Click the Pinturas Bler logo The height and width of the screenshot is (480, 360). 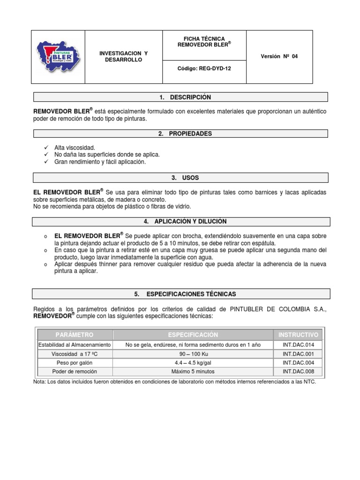pos(58,57)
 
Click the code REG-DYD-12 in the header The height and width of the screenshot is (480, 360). pos(204,68)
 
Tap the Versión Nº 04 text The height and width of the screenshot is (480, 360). pos(279,57)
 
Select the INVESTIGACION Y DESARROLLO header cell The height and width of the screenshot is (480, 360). pos(123,57)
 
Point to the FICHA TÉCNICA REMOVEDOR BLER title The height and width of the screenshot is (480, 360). pos(204,42)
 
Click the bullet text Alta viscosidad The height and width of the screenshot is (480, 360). pos(75,147)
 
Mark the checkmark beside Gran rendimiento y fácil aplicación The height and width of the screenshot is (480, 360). pos(45,162)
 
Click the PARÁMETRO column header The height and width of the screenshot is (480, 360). pos(75,335)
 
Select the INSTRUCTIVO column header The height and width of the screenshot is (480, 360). pos(298,335)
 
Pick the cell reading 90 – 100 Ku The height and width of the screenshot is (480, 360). pos(193,354)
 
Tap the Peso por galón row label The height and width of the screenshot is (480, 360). pos(75,363)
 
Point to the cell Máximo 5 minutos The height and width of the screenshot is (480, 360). pos(193,372)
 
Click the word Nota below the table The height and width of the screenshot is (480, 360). pos(39,382)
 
